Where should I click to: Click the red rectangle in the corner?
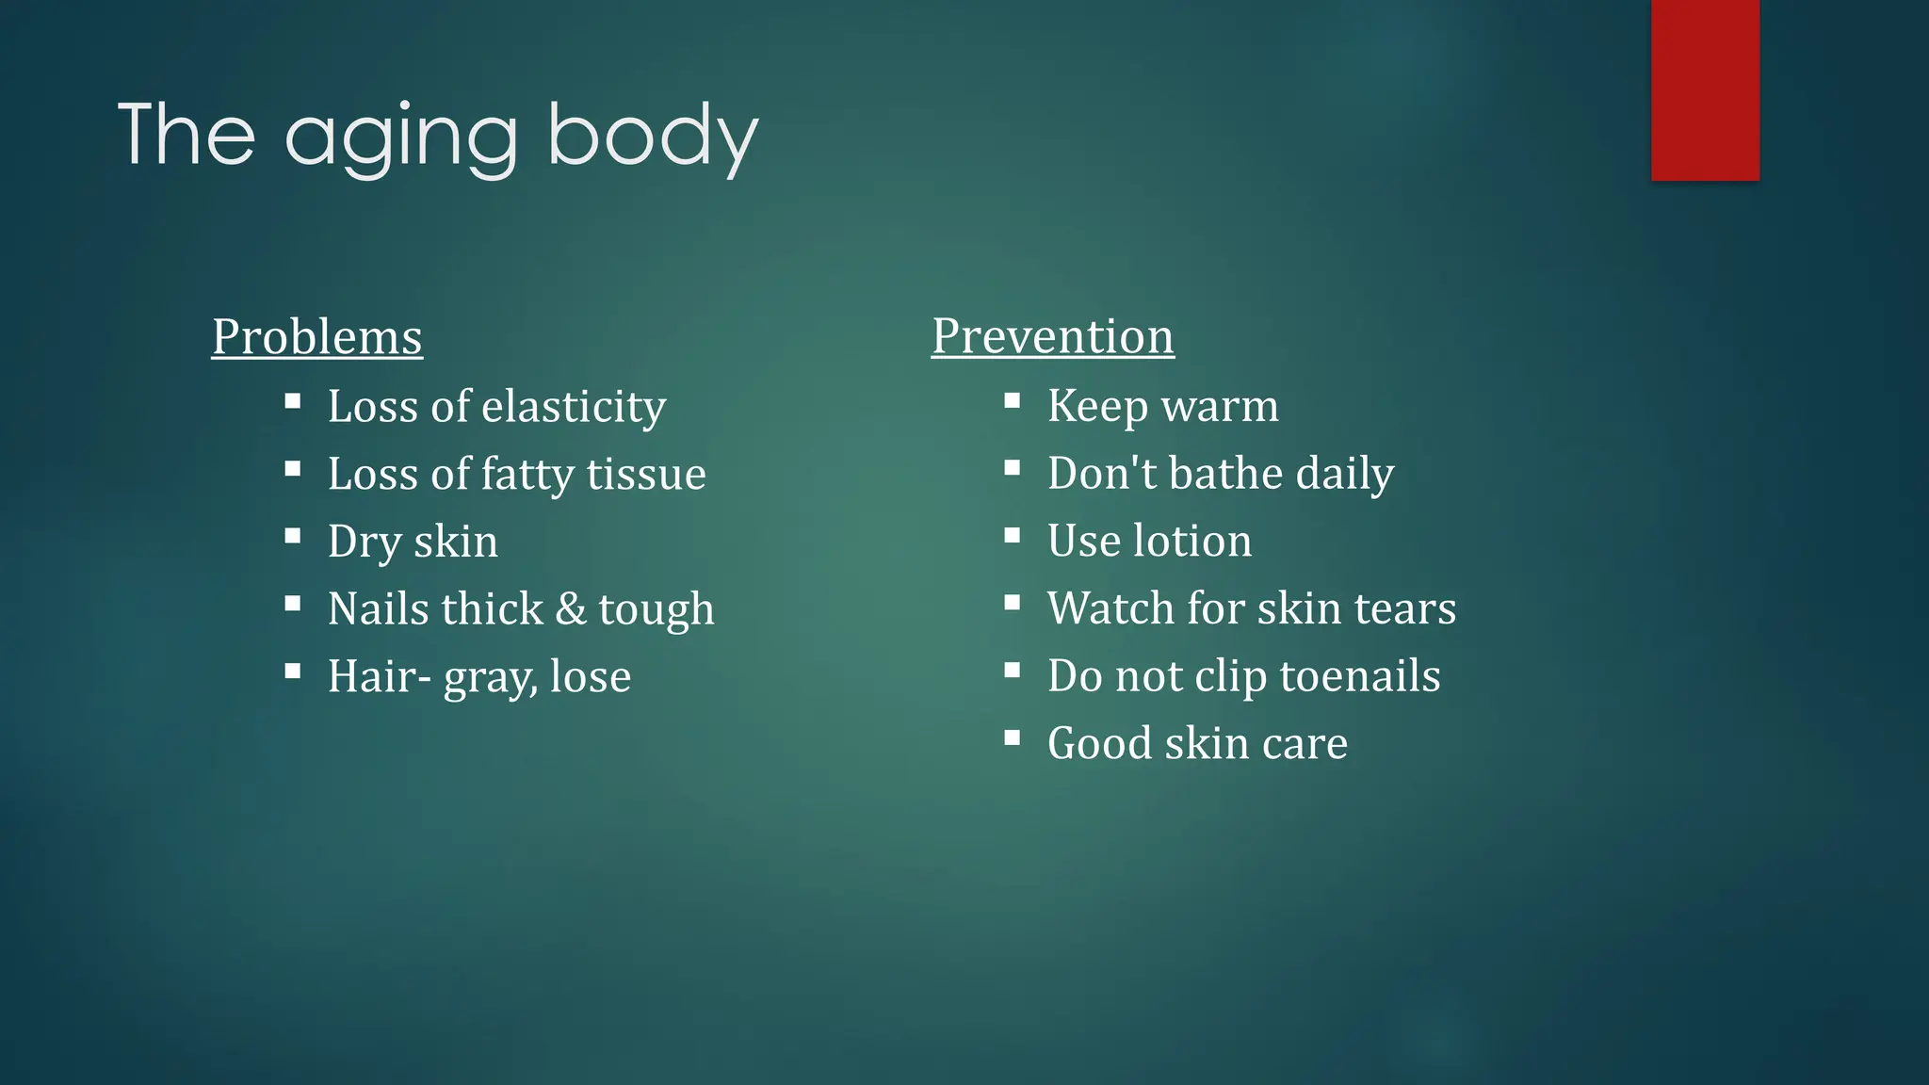(x=1705, y=89)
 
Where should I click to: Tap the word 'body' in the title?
(x=652, y=136)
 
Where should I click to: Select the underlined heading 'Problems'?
(x=317, y=337)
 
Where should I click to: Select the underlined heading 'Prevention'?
(x=1053, y=336)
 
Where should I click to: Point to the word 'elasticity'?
(x=574, y=407)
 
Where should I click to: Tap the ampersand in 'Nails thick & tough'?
(x=571, y=608)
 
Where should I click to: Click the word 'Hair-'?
(x=380, y=676)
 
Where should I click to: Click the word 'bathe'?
(x=1225, y=473)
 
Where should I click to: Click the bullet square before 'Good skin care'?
(x=1013, y=738)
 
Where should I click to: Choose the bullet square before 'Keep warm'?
(x=1013, y=401)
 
